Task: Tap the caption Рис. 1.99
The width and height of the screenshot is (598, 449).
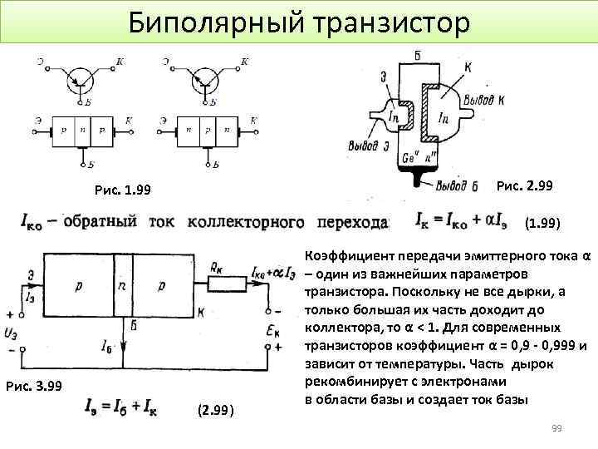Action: coord(123,192)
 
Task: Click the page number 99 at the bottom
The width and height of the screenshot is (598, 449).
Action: coord(557,428)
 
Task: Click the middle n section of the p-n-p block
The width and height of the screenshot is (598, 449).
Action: coord(82,131)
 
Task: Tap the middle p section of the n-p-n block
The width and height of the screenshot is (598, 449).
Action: coord(203,131)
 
